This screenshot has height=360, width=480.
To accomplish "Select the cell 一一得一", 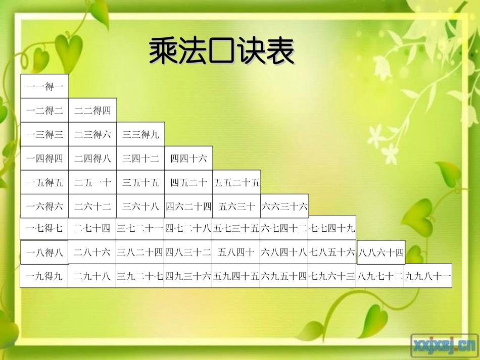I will [44, 86].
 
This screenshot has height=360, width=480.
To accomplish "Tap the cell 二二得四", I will [92, 110].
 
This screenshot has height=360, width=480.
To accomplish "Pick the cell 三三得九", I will [140, 134].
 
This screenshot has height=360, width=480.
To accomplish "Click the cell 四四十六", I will [188, 159].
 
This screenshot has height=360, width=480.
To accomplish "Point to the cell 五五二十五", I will [236, 182].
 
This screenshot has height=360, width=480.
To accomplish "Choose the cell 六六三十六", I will [284, 206].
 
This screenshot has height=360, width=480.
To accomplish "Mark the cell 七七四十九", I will [332, 228].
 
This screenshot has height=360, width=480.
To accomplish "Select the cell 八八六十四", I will [381, 252].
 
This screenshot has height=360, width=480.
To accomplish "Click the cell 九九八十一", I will [428, 276].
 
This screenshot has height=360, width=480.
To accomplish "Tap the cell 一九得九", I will [44, 276].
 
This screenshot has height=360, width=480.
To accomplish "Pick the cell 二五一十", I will [92, 182].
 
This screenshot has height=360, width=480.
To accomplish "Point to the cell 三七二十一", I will [140, 228].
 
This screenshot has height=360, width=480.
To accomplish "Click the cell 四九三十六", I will [188, 276].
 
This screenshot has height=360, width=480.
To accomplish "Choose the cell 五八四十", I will [236, 252].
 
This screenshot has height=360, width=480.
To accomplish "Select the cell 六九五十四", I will [284, 276].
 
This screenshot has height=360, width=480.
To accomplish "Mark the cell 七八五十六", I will [332, 252].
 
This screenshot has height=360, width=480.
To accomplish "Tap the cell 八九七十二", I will [380, 276].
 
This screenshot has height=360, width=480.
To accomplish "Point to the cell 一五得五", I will [44, 182].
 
